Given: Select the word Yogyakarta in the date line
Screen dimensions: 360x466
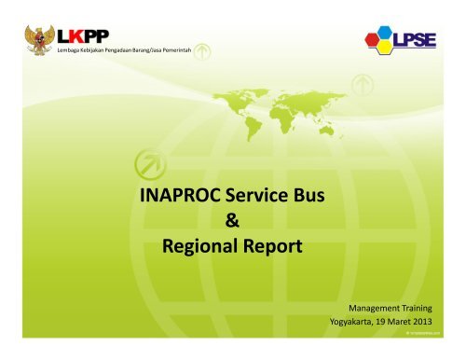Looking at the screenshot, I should [355, 324].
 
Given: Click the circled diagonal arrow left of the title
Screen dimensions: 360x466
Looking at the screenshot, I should [147, 164].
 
